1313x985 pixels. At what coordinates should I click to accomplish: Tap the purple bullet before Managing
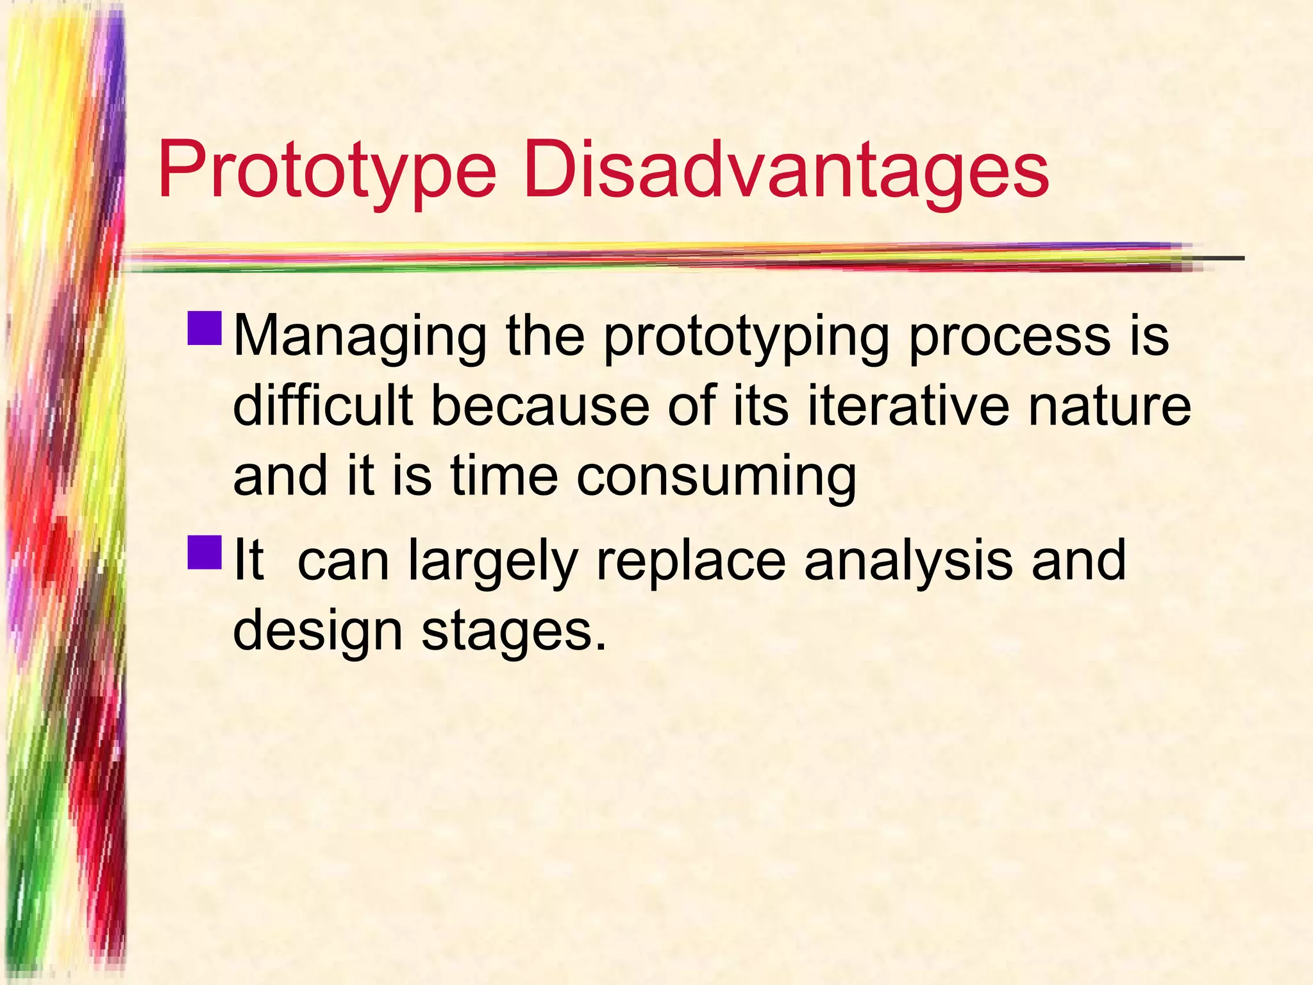coord(205,328)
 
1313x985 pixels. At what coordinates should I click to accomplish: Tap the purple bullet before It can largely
coord(205,553)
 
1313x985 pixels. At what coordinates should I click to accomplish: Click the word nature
coord(1109,408)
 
